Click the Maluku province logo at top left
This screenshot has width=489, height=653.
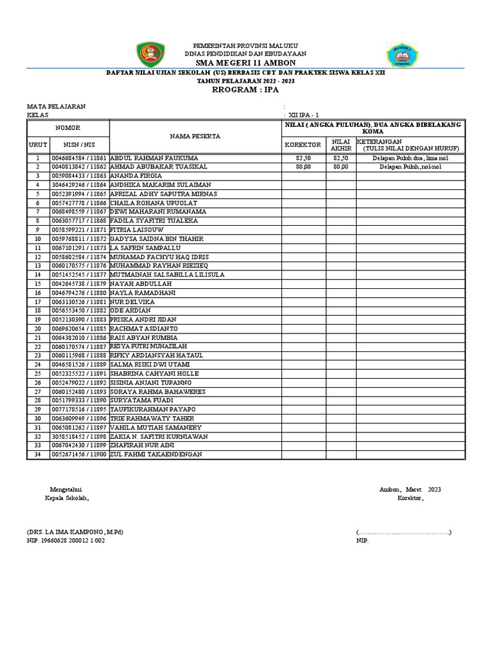coord(151,57)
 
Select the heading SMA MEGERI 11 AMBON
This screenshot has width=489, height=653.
coord(245,63)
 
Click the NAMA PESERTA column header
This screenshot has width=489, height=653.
coord(195,136)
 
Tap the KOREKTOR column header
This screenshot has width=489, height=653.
coord(302,145)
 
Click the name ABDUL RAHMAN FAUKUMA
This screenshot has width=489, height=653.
coord(154,158)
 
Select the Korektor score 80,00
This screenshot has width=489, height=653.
coord(302,166)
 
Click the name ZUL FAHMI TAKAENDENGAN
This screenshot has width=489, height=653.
coord(156,454)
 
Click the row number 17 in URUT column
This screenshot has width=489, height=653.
coord(37,302)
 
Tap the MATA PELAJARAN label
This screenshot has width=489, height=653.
coord(55,106)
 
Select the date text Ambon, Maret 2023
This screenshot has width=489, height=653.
coord(409,489)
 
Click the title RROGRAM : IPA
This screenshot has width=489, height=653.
coord(245,90)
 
